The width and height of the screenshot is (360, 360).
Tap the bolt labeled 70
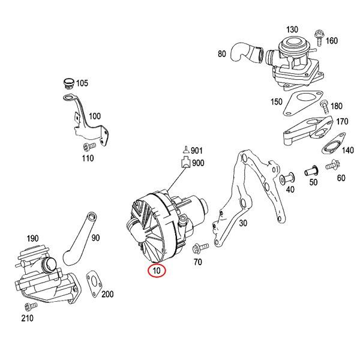[x=202, y=246]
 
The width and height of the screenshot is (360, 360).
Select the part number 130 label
[x=292, y=29]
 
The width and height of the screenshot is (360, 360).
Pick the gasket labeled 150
[x=299, y=101]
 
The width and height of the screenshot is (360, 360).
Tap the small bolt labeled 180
[x=324, y=107]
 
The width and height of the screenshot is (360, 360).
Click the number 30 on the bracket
[x=242, y=223]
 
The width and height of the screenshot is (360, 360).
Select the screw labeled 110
[x=88, y=146]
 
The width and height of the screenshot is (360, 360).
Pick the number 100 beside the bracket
[x=95, y=116]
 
